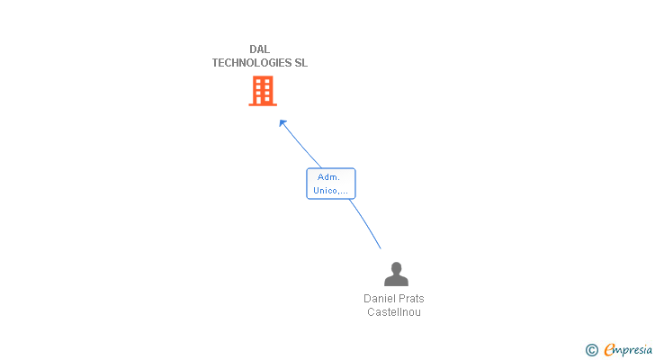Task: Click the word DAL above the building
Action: pyautogui.click(x=259, y=49)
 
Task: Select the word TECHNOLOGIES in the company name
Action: pyautogui.click(x=252, y=63)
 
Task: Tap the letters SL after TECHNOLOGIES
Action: pyautogui.click(x=301, y=63)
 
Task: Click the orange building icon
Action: pyautogui.click(x=263, y=91)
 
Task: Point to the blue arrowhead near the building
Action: pyautogui.click(x=283, y=122)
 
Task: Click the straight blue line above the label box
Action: pyautogui.click(x=301, y=144)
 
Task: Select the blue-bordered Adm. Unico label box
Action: pyautogui.click(x=331, y=184)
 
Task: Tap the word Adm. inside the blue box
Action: pyautogui.click(x=328, y=177)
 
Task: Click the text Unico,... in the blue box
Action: pyautogui.click(x=330, y=191)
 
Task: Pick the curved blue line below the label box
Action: pyautogui.click(x=366, y=223)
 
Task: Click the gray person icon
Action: pyautogui.click(x=396, y=274)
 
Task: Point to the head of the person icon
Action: pyautogui.click(x=396, y=267)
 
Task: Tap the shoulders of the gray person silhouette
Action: pyautogui.click(x=396, y=280)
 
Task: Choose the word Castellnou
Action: pyautogui.click(x=394, y=312)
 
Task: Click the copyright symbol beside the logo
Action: pyautogui.click(x=591, y=350)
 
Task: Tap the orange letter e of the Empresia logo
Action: pyautogui.click(x=610, y=349)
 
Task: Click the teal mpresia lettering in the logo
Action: pyautogui.click(x=633, y=351)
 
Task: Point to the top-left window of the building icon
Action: pyautogui.click(x=258, y=81)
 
